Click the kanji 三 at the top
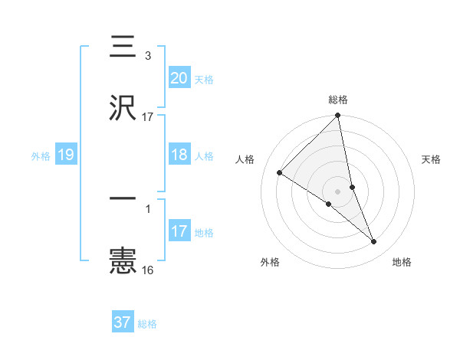(x=123, y=47)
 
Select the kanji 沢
(x=123, y=106)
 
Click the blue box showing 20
(x=179, y=77)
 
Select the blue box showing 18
(x=179, y=155)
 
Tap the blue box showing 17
(x=179, y=231)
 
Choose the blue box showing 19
(x=65, y=155)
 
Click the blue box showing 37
(x=122, y=322)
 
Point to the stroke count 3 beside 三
(x=147, y=56)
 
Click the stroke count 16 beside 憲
(x=147, y=270)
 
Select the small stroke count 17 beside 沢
(x=147, y=116)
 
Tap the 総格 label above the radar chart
(x=338, y=100)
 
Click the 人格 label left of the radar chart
(x=245, y=159)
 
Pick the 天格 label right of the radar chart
(x=431, y=159)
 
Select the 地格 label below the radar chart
(x=402, y=262)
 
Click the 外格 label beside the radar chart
(x=270, y=262)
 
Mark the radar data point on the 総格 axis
(x=338, y=116)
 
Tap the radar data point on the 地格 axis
(x=374, y=242)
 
